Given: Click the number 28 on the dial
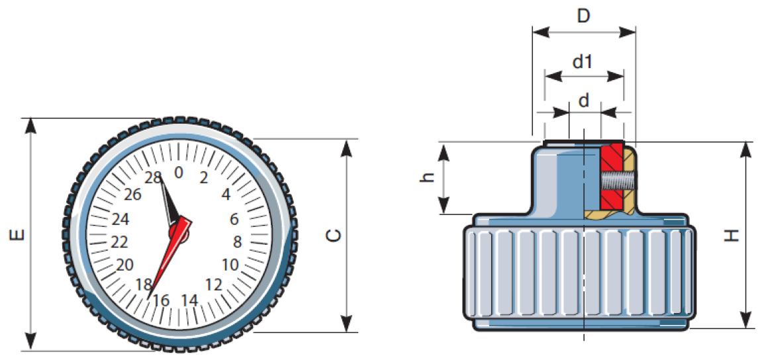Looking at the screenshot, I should (153, 177).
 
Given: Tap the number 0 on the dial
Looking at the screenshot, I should (178, 173).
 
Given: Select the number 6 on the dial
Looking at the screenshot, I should (234, 219).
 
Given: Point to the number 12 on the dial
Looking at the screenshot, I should (213, 285).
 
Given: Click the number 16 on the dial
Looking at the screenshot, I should (161, 300).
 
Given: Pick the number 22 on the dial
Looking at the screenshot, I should (119, 242).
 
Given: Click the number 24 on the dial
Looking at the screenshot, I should (120, 219).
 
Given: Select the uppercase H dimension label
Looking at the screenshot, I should (732, 235).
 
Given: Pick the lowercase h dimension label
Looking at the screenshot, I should (429, 177).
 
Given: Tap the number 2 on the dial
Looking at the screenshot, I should (203, 177).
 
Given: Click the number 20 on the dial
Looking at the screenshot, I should (124, 265).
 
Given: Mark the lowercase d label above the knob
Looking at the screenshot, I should (583, 101).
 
